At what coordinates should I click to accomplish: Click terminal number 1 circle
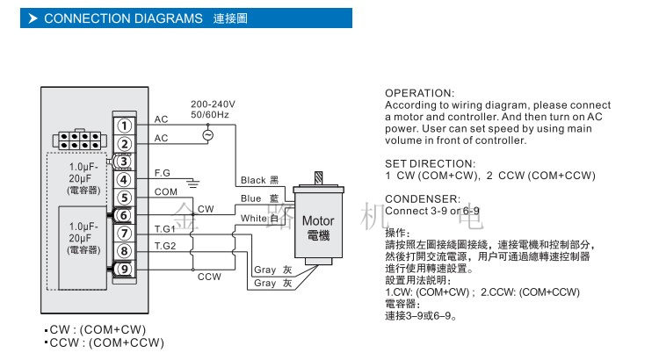pos(125,126)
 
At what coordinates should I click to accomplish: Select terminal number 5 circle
pos(125,198)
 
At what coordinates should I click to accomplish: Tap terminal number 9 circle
pos(125,269)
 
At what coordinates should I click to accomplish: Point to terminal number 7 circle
pos(125,234)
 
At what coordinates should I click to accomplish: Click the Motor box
pos(317,227)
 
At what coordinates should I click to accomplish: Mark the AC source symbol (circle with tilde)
pos(208,135)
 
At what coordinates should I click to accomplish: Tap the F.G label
pos(163,173)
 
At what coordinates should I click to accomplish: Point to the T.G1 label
pos(165,228)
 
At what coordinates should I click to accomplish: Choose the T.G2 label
pos(165,246)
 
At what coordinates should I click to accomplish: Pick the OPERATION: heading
pos(420,93)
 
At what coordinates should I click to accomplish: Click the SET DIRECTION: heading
pos(431,163)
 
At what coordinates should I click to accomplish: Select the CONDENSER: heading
pos(423,198)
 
